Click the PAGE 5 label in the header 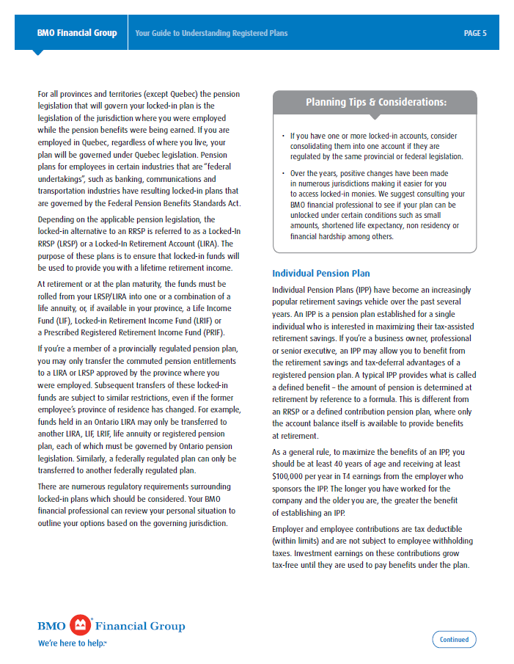[474, 33]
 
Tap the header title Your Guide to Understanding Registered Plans [211, 33]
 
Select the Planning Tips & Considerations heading [375, 102]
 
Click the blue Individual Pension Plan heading [320, 274]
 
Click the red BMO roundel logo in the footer [81, 625]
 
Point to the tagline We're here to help [72, 643]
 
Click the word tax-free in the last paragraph [287, 566]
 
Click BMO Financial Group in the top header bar [77, 33]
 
